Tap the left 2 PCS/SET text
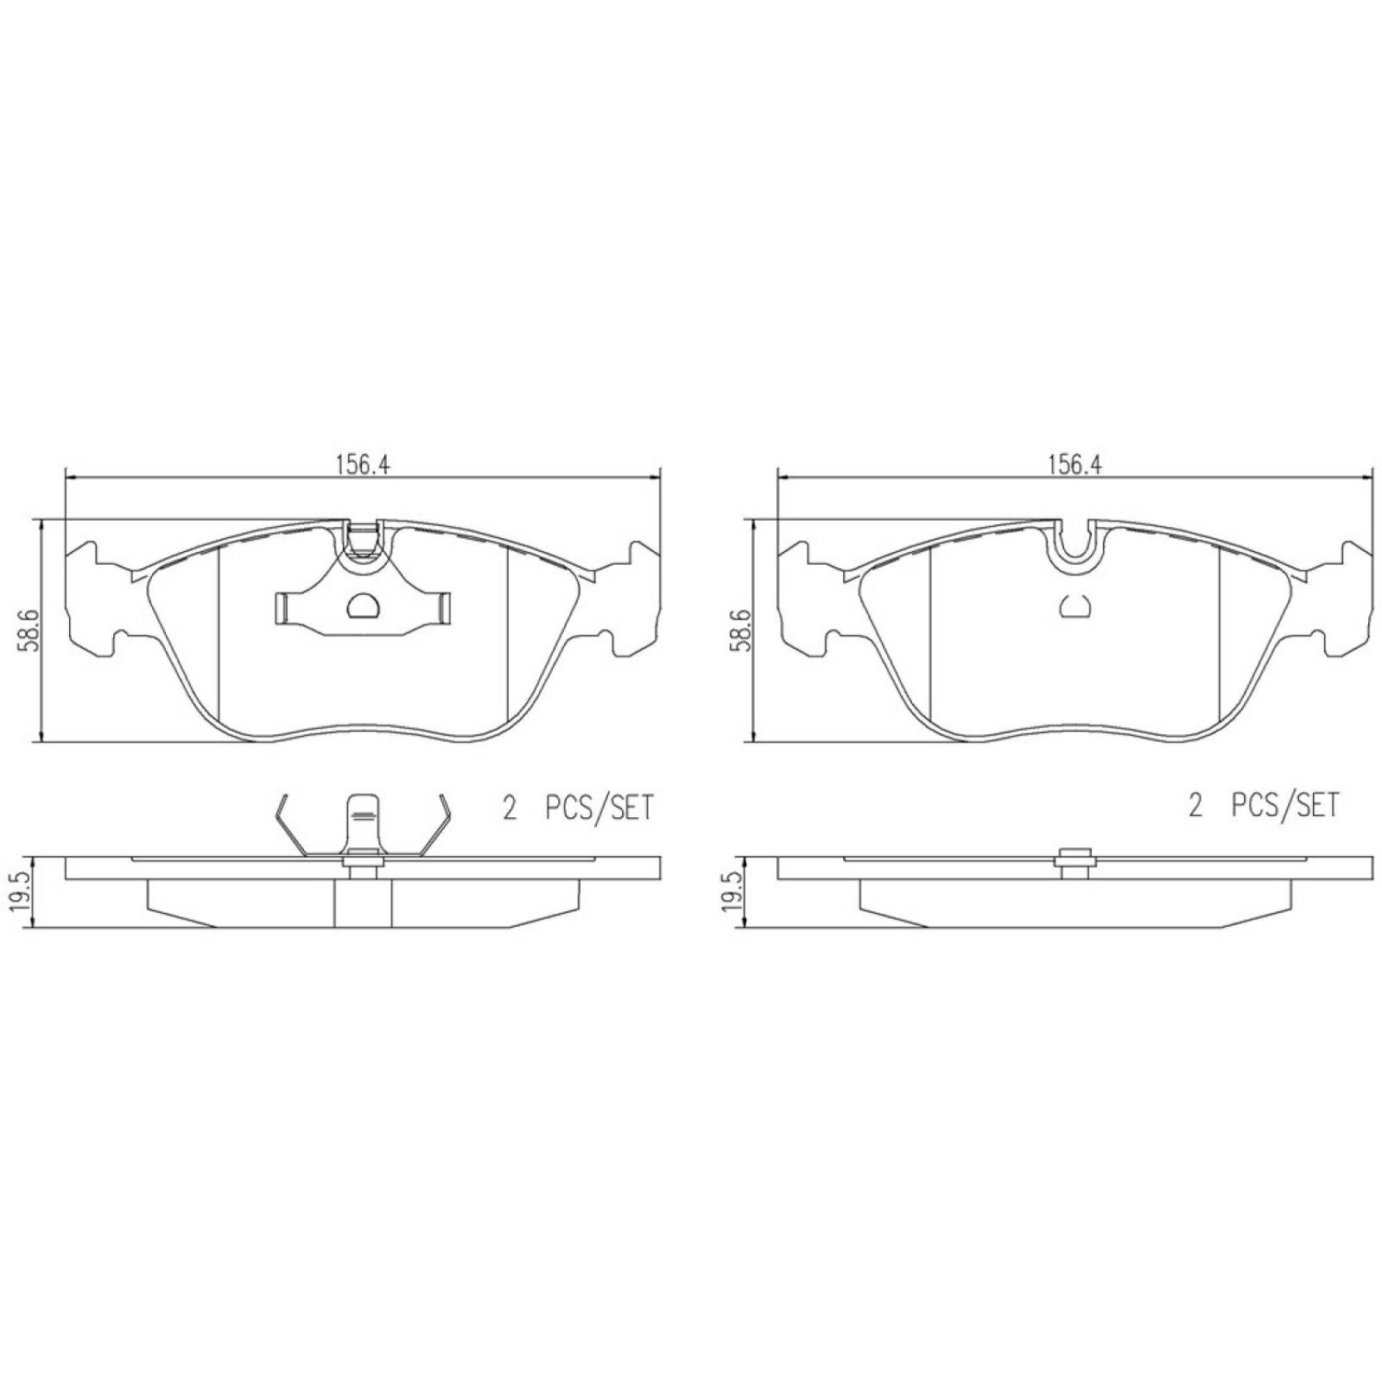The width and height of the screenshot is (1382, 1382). point(578,808)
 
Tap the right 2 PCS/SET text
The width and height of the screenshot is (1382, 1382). point(1263,806)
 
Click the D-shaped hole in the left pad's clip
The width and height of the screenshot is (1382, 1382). point(363,605)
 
